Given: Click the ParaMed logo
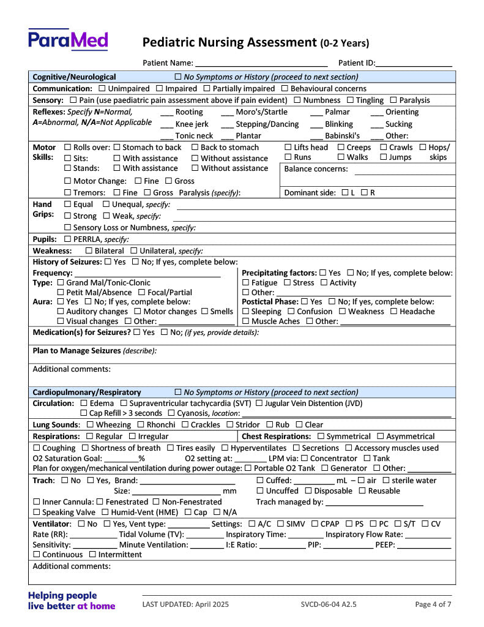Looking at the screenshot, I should pyautogui.click(x=68, y=40).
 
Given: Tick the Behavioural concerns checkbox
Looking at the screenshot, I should pyautogui.click(x=285, y=89).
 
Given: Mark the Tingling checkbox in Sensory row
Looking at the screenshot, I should pyautogui.click(x=351, y=100).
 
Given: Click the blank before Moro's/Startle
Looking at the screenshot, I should pyautogui.click(x=227, y=113).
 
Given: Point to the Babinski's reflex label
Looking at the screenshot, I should pyautogui.click(x=342, y=136).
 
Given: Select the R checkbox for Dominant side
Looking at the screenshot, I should pyautogui.click(x=364, y=193).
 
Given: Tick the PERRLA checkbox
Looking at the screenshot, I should pyautogui.click(x=68, y=239).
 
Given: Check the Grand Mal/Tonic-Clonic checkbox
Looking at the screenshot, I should pyautogui.click(x=61, y=283).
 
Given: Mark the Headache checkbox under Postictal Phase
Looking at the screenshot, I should pyautogui.click(x=393, y=312).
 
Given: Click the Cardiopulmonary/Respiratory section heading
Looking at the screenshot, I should pyautogui.click(x=87, y=392).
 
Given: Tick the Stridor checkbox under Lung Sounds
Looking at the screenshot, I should pyautogui.click(x=230, y=425).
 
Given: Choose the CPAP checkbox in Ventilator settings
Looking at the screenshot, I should pyautogui.click(x=315, y=524).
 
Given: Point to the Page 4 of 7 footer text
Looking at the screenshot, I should pyautogui.click(x=433, y=604).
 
